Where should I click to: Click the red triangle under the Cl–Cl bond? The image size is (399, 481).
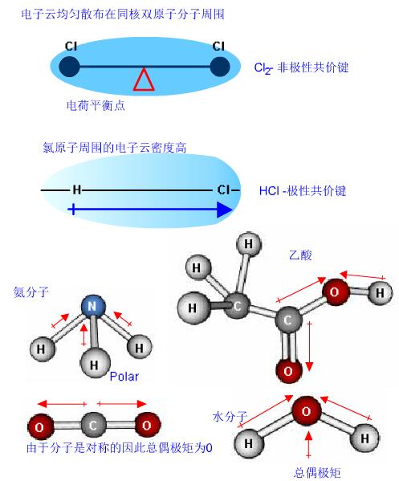coord(144,79)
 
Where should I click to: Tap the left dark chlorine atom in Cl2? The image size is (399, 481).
coord(69,67)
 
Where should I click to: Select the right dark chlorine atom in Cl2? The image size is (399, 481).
coord(220,67)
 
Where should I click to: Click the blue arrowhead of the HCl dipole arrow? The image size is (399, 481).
coord(225,210)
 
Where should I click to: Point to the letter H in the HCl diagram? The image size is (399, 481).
coord(77,190)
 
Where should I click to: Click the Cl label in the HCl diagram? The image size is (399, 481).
coord(223,190)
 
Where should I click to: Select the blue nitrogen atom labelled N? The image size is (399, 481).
coord(93,306)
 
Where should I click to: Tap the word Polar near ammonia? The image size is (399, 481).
coord(124,377)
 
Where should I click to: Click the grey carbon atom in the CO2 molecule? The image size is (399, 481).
coord(93,425)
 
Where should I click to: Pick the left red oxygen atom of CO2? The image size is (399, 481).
coord(40,426)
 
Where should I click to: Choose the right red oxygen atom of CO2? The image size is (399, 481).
coord(147,425)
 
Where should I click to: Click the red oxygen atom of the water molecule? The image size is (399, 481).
coord(307,411)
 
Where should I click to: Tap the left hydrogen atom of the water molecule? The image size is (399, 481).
coord(249,443)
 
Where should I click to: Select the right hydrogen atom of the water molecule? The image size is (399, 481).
coord(364,438)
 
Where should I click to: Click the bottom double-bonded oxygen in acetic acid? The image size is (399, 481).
coord(288,371)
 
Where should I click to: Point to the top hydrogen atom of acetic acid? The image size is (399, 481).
coord(249,244)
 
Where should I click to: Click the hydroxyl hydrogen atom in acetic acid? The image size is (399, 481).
coord(381,292)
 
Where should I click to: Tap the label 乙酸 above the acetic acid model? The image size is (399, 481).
coord(300,255)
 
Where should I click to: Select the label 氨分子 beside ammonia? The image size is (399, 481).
coord(31,291)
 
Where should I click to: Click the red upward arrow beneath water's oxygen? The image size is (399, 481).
coord(309,444)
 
